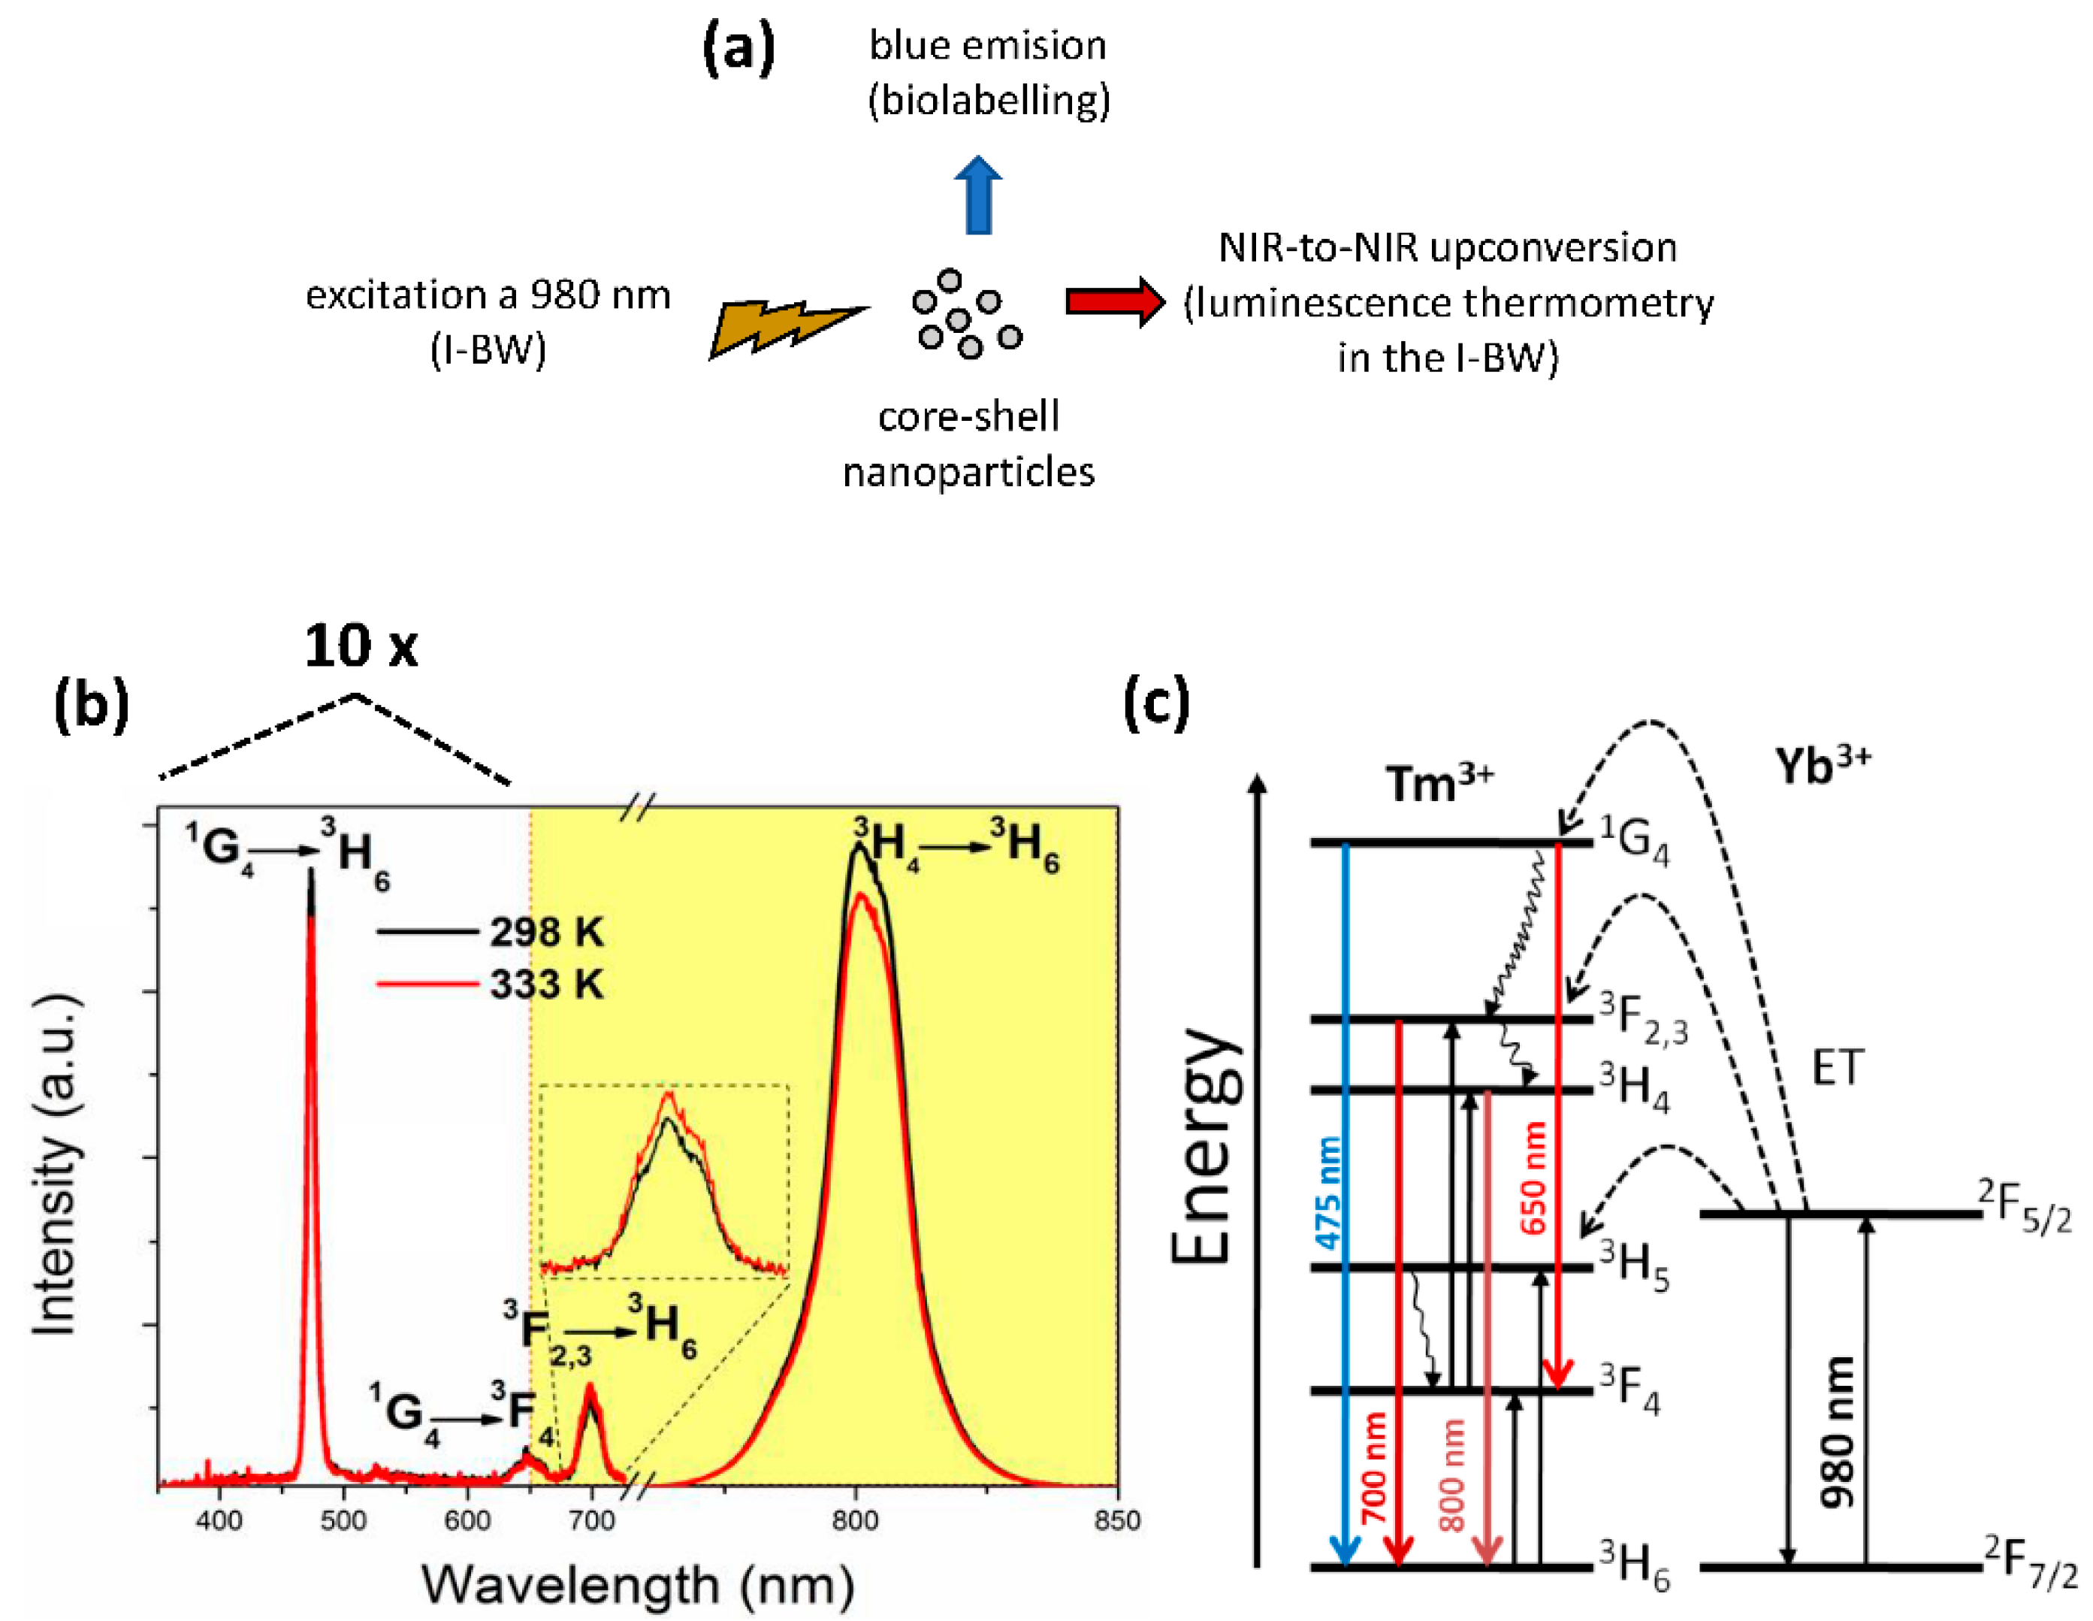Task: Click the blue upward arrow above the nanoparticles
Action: (978, 195)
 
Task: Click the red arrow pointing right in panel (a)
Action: (1116, 302)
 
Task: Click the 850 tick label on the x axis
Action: (1117, 1520)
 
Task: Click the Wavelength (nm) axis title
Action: (639, 1583)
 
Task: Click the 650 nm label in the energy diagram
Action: (1533, 1177)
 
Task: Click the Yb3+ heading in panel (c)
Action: (1823, 764)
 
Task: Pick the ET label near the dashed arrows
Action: (1838, 1067)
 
